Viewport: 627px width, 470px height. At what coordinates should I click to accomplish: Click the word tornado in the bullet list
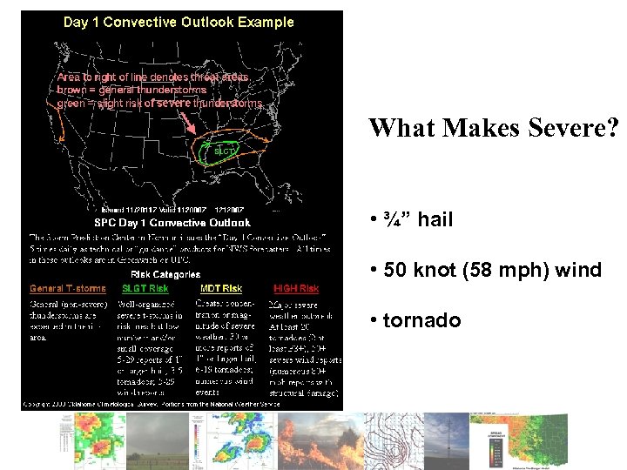pos(421,320)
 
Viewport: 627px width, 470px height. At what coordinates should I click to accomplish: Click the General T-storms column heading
pos(68,288)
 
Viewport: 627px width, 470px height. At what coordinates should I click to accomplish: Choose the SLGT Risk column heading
pos(145,288)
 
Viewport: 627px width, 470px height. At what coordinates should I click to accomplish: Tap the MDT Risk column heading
pos(221,288)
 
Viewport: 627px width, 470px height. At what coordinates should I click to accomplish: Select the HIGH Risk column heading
pos(296,288)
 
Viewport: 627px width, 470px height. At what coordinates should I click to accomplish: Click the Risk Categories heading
pos(165,274)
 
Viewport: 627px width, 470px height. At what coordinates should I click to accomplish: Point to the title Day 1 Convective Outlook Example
pos(179,22)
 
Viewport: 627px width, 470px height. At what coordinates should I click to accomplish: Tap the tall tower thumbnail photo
pos(443,440)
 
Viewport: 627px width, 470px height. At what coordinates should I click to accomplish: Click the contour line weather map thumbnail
pos(393,440)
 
